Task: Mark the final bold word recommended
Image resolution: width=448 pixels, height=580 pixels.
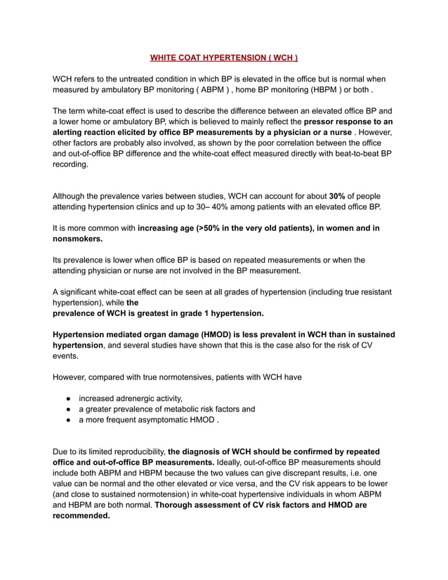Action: tap(81, 515)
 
